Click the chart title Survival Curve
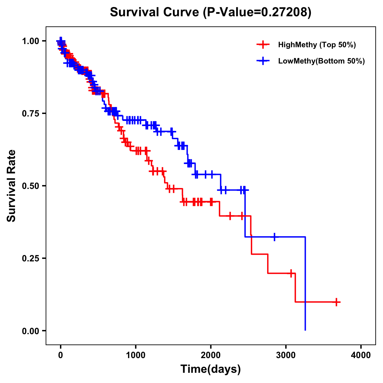tap(154, 12)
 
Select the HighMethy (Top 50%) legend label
tap(317, 45)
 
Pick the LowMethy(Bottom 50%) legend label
tap(321, 61)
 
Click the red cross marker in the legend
tap(263, 45)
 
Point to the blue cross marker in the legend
tap(263, 61)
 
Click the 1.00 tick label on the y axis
tap(30, 41)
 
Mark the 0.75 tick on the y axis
tap(30, 114)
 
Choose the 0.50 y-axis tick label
tap(30, 186)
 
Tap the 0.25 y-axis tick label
tap(30, 259)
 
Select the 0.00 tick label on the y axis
tap(30, 331)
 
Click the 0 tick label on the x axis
tap(61, 355)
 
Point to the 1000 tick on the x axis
tap(136, 355)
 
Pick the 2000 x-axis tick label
tap(211, 355)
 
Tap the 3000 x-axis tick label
tap(286, 355)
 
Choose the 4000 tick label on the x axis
tap(361, 355)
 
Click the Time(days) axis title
tap(211, 369)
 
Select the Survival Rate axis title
tap(11, 185)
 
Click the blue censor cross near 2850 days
tap(274, 237)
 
